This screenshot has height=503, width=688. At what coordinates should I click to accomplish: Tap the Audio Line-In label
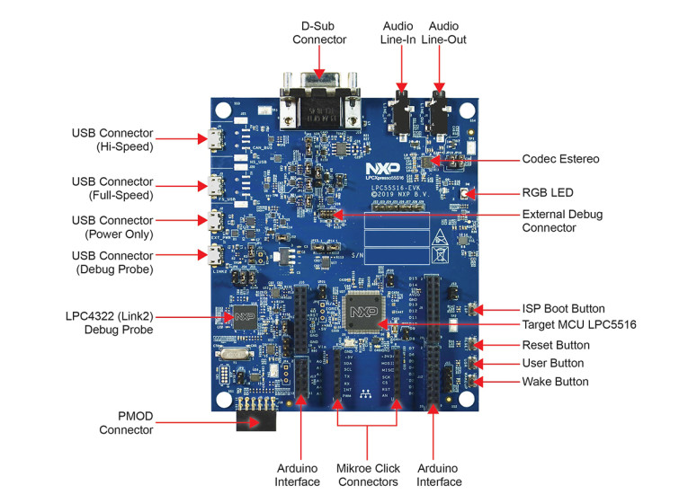tap(398, 32)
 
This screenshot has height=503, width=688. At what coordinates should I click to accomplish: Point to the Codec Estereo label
tap(560, 159)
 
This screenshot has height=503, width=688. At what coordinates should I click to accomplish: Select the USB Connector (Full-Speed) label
tap(112, 188)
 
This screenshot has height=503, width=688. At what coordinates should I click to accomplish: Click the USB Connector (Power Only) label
tap(112, 226)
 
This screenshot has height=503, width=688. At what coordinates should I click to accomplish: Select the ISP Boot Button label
tap(564, 308)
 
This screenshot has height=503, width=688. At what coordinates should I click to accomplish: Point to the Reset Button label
tap(557, 345)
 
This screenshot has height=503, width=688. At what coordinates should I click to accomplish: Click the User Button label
tap(553, 363)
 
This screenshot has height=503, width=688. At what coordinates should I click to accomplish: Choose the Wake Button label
tap(555, 382)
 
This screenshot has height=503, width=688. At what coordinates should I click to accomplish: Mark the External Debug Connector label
tap(562, 220)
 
